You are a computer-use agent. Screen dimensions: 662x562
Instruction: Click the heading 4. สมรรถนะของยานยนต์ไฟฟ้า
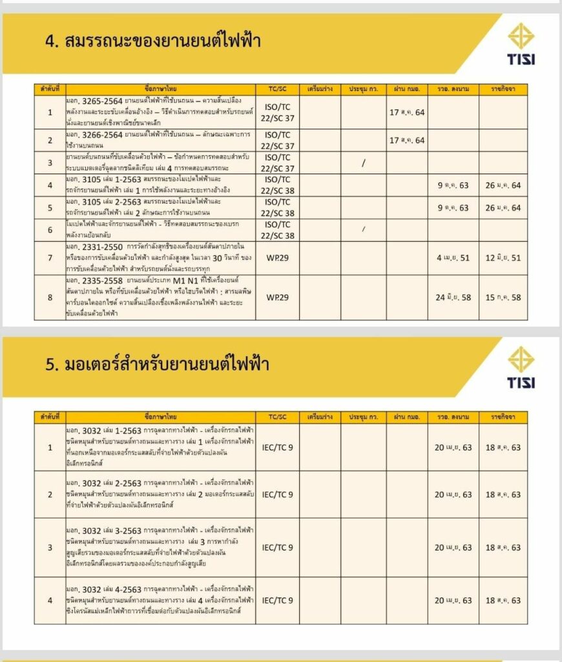pos(152,42)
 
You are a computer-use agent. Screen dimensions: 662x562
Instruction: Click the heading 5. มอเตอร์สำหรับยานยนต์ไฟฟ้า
pos(157,365)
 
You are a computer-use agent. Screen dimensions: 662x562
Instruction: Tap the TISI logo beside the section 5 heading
pos(521,367)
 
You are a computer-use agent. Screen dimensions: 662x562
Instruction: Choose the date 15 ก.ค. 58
pos(503,298)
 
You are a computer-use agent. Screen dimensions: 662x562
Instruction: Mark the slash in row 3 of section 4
pos(364,164)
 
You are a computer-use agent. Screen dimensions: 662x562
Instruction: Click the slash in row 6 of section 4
pos(364,230)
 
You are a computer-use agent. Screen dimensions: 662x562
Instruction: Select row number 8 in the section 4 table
pos(50,298)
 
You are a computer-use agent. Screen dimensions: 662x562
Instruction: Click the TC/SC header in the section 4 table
pos(277,89)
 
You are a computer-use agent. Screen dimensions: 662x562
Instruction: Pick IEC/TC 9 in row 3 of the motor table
pos(277,548)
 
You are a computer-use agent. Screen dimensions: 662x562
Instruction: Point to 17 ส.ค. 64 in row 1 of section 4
pos(407,112)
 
